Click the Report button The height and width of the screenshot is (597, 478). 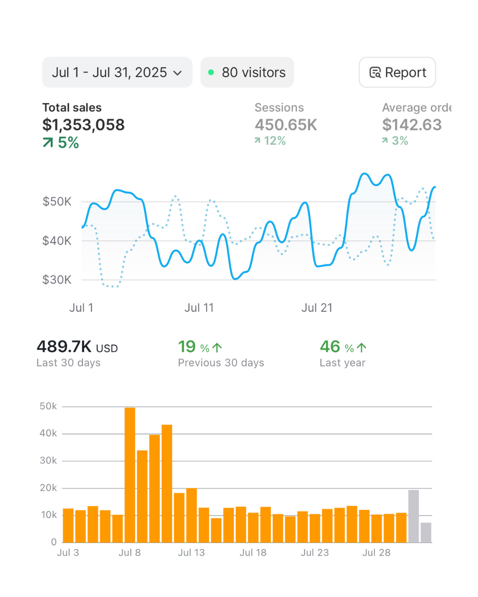pos(397,73)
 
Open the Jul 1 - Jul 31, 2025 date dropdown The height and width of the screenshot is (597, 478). pos(117,73)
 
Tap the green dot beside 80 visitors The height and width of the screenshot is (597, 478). pos(211,72)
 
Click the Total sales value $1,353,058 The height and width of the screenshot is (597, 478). pos(83,125)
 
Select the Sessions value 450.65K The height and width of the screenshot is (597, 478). pos(285,125)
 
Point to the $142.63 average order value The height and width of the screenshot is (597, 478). pos(412,125)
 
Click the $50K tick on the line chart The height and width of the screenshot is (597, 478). pos(57,202)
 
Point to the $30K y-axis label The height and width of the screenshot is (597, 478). pos(57,280)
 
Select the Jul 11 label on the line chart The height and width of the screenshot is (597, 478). pos(199,308)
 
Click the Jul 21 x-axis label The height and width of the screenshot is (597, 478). pos(316,308)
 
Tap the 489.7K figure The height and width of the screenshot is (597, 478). pos(64,347)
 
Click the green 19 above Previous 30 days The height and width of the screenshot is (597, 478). pos(187,347)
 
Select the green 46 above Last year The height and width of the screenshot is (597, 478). pos(330,347)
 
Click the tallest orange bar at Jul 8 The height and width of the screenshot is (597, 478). pos(130,475)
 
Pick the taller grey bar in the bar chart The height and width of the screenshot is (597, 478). pos(413,516)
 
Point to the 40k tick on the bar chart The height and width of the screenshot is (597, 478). pos(48,433)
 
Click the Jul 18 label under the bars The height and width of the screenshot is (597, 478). pos(253,553)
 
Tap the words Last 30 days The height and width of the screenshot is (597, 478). pos(68,363)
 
